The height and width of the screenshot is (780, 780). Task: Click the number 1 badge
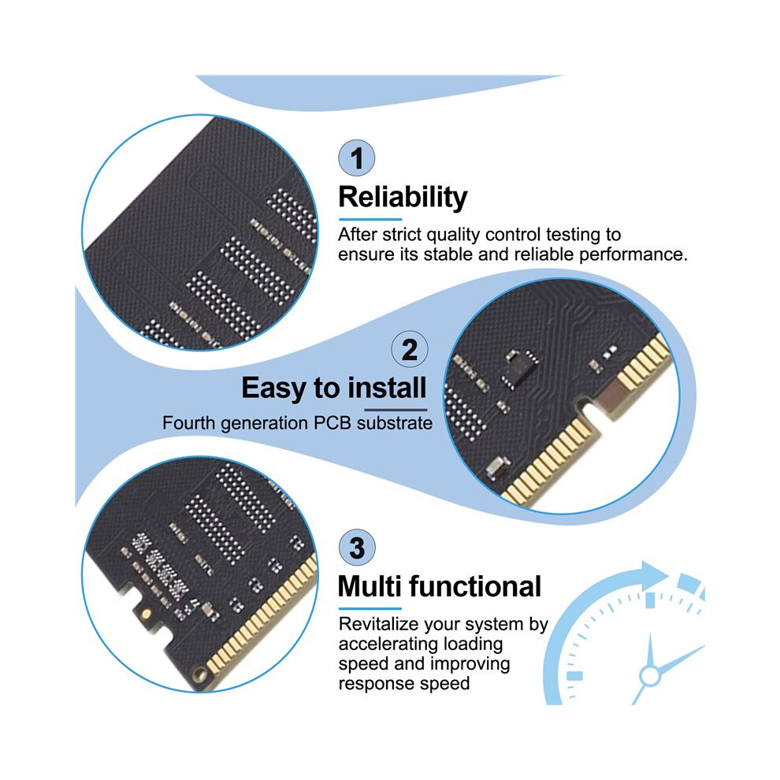(x=357, y=158)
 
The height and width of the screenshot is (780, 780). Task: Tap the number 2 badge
(x=410, y=349)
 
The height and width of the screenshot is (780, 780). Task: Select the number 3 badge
(x=357, y=548)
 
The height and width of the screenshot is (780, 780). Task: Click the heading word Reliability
(x=403, y=198)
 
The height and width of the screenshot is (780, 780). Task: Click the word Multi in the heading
(x=370, y=586)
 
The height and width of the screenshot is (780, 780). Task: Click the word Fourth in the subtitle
(x=188, y=423)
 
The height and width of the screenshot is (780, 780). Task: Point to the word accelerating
(x=388, y=644)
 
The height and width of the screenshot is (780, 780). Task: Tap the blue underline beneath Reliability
(x=370, y=219)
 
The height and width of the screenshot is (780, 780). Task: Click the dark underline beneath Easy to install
(x=396, y=410)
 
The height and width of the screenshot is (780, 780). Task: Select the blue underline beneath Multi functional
(x=370, y=608)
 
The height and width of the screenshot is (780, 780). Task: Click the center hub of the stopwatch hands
(x=649, y=676)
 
